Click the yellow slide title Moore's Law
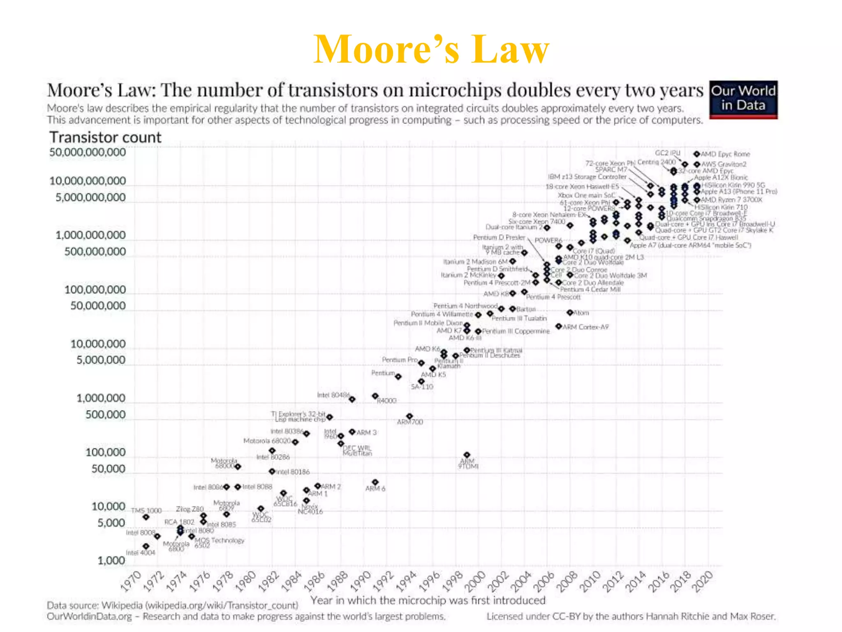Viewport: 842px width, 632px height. [x=431, y=49]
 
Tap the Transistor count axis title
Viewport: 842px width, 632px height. [x=105, y=137]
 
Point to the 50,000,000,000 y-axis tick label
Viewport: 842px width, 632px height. [x=88, y=152]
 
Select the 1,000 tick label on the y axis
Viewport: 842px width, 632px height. [x=111, y=560]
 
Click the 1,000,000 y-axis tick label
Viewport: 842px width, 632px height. [x=101, y=398]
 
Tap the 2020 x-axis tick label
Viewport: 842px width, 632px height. [x=703, y=581]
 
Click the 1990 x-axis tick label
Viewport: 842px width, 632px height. [x=361, y=581]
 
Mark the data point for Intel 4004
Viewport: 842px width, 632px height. [x=146, y=546]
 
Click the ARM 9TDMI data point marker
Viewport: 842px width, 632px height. [x=467, y=455]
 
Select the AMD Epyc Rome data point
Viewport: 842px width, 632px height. [x=696, y=154]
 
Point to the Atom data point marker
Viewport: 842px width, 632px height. [x=569, y=313]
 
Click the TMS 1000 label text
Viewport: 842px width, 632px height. [x=146, y=511]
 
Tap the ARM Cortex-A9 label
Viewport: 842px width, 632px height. [x=585, y=327]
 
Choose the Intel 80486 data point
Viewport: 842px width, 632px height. [x=352, y=400]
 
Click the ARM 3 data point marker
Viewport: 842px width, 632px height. [x=352, y=432]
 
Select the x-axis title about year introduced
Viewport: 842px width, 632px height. [x=428, y=600]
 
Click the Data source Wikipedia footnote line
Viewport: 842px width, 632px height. [x=172, y=605]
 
